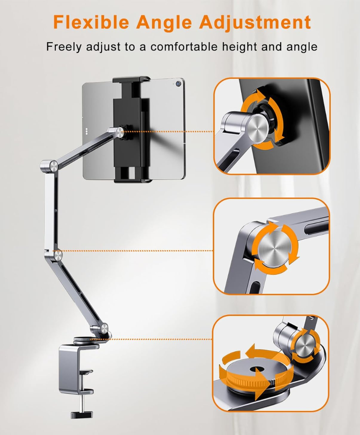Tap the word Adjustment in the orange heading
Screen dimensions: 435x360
coord(255,21)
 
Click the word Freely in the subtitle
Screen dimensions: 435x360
coord(63,46)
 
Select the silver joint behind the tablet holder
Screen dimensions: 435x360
coord(120,133)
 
